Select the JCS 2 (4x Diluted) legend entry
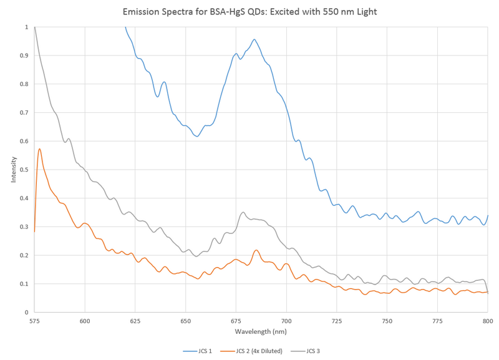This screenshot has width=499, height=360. coord(258,351)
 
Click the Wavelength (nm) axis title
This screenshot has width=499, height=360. coord(261,332)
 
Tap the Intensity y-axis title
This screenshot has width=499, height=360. coord(13,170)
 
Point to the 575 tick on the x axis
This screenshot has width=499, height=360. coord(34,321)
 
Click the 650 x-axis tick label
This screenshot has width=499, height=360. coord(185,321)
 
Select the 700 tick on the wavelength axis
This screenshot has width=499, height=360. coord(286,321)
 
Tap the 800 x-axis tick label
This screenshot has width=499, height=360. coord(488,321)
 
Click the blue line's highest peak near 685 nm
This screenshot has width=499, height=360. coord(254,39)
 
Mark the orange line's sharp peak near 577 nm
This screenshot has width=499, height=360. coord(39,149)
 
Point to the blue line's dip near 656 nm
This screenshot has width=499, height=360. coord(197,136)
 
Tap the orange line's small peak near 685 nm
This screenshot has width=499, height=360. coord(256,250)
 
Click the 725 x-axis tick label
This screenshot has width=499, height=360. coord(337,321)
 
